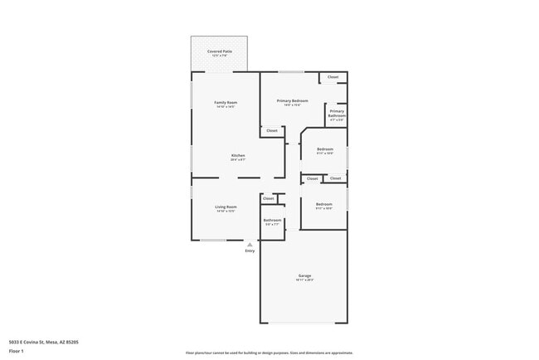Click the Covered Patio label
click(x=220, y=51)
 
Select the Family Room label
click(x=226, y=103)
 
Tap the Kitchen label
click(x=238, y=156)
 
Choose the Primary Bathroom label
click(x=337, y=114)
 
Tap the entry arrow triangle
click(x=250, y=245)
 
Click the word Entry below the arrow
click(x=250, y=251)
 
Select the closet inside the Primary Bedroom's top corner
click(x=333, y=77)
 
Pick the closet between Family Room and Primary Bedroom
click(x=271, y=130)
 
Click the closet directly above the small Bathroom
click(x=269, y=198)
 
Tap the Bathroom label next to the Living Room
click(x=273, y=220)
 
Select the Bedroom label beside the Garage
click(x=323, y=204)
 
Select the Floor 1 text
click(x=16, y=351)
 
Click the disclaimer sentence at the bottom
click(x=269, y=352)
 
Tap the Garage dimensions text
click(x=304, y=280)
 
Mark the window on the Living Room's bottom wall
click(x=213, y=241)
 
